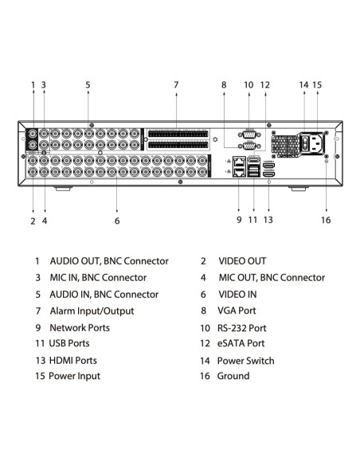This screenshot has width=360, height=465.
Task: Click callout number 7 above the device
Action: pos(176,85)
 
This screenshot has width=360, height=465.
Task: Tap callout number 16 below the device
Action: pos(326,220)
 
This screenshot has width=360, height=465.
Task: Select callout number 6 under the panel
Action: pos(117,221)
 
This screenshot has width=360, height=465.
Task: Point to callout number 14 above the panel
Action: pos(303,85)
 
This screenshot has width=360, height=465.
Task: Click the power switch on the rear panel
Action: pos(304,143)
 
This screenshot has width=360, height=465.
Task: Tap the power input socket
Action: pos(316,143)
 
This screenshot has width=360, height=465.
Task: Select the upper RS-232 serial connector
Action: pos(249,135)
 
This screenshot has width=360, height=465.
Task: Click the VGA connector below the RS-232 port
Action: pos(249,146)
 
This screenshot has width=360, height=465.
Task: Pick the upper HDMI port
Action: pos(268,165)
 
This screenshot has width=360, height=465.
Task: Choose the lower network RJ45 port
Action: pos(239,172)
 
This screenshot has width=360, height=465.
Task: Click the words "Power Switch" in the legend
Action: pos(246,361)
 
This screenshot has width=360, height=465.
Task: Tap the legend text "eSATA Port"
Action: pos(241,343)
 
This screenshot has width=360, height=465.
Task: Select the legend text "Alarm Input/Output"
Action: pos(92,311)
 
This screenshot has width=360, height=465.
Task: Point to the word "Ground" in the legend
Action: pos(233,376)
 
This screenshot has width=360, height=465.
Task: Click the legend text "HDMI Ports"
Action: pos(73,361)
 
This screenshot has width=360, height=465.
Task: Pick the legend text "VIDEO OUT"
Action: pos(242,261)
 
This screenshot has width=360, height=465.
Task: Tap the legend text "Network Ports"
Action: pos(80,328)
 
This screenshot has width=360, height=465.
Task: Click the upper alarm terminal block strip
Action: pos(178,134)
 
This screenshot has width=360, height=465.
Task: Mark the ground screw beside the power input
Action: pos(327,161)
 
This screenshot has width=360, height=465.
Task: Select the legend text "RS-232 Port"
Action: pos(241,328)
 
